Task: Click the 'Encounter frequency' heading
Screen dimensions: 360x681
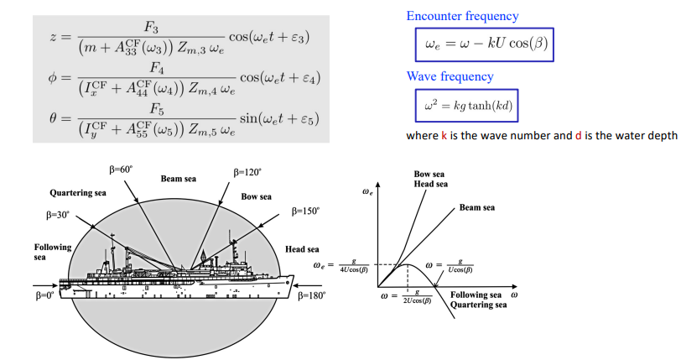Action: [462, 16]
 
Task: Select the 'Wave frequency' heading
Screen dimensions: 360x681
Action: [450, 76]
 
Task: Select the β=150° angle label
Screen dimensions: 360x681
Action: [305, 211]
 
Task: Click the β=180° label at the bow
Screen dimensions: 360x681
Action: [311, 295]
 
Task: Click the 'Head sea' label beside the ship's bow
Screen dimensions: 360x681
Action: [302, 249]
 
